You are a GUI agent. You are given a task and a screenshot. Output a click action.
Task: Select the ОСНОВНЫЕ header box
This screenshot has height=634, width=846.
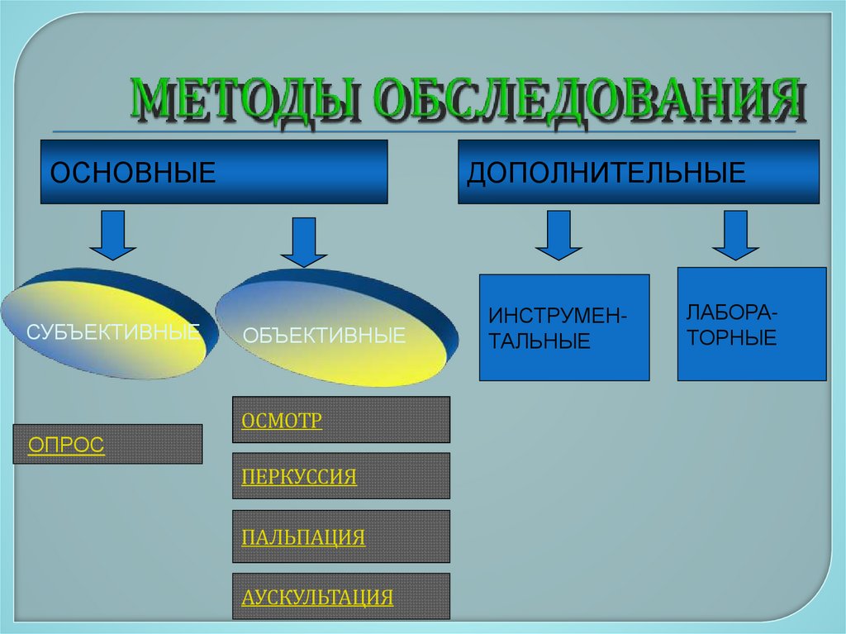coord(213,172)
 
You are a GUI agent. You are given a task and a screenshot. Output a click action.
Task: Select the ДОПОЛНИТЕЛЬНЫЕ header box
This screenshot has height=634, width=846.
coord(638,172)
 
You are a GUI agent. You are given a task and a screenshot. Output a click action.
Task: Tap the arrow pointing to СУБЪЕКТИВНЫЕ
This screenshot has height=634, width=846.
coord(112,235)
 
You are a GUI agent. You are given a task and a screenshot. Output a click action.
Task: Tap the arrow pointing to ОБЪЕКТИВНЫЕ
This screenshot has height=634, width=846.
coord(304,241)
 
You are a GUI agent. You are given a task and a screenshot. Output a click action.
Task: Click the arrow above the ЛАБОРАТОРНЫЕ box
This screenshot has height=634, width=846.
coord(735,235)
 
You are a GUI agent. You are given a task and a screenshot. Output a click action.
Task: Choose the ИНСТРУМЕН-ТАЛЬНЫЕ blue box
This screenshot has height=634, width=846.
coord(564,327)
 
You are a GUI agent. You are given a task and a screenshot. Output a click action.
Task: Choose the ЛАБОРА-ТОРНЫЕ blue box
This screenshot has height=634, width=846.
coord(751,324)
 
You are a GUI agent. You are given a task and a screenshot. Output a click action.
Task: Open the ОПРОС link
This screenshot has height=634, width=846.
coord(66,445)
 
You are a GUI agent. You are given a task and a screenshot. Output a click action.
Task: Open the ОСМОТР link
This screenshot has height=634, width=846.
coord(282,420)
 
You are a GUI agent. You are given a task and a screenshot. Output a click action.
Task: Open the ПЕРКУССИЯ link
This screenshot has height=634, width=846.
coord(299,476)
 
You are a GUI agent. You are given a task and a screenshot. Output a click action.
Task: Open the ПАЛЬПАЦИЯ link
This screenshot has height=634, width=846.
coord(303,536)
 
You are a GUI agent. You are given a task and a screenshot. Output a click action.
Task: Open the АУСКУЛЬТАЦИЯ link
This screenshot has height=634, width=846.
coord(317,597)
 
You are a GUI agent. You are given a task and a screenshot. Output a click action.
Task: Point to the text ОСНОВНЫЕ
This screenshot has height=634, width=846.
coord(133,173)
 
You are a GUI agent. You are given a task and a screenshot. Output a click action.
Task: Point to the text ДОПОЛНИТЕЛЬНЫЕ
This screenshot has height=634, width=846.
coord(606,173)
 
